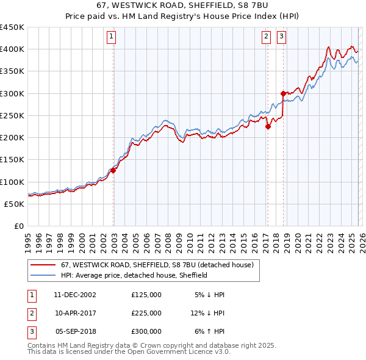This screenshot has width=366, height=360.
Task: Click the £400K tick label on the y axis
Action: pos(12,49)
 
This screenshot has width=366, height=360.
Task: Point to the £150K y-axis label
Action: pos(12,160)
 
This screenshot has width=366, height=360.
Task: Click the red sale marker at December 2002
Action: pos(113,171)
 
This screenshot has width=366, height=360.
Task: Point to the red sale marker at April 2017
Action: pos(268,127)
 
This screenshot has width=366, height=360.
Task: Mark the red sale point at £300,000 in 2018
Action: pos(283,93)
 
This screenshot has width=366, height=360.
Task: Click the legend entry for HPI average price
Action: pos(134,275)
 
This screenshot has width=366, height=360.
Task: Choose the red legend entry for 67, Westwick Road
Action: pos(152,265)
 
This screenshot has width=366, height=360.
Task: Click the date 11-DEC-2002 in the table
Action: pos(75,294)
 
